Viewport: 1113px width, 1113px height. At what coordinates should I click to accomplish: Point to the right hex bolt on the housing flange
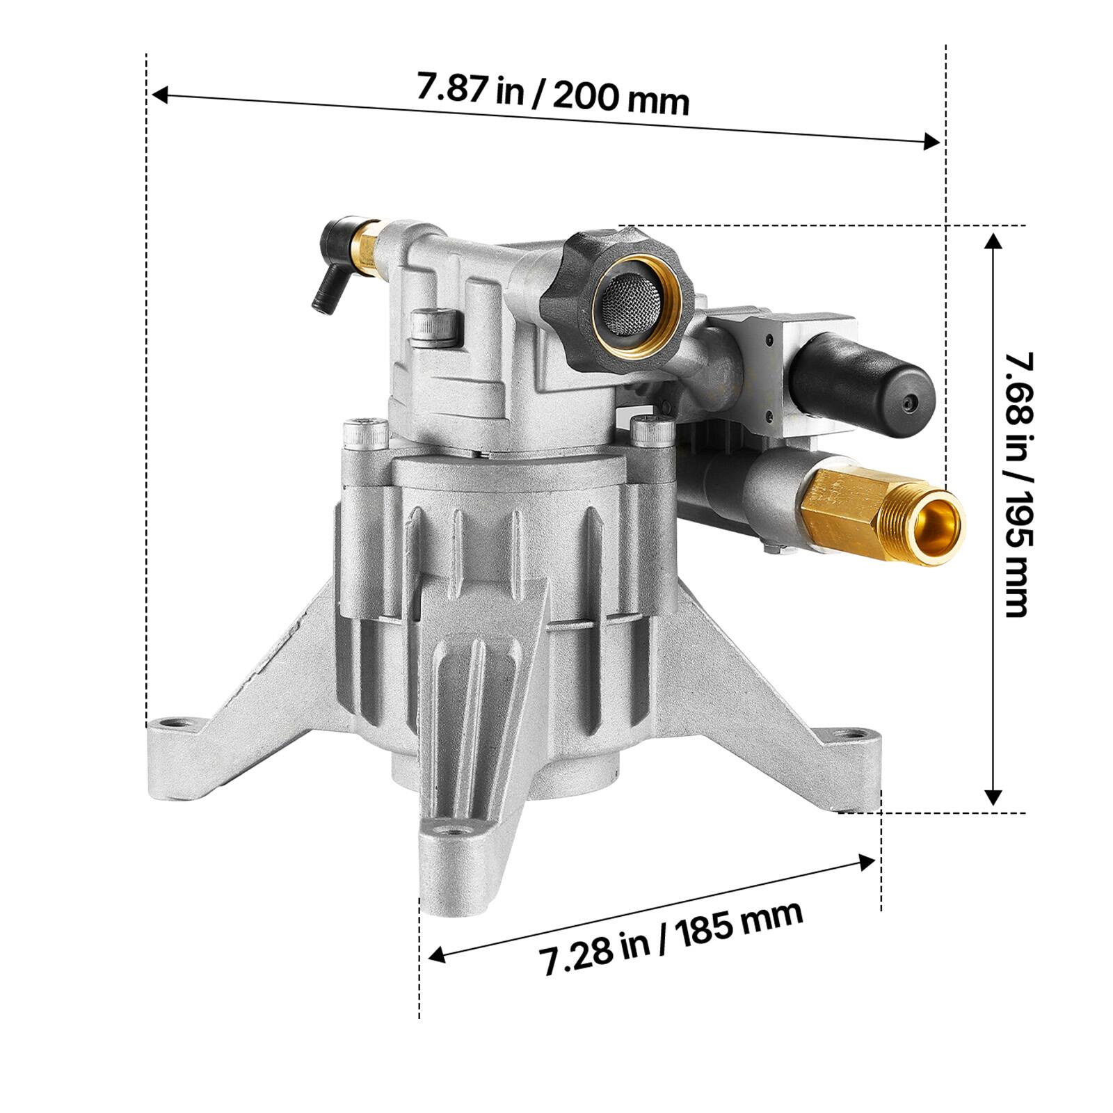click(652, 431)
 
